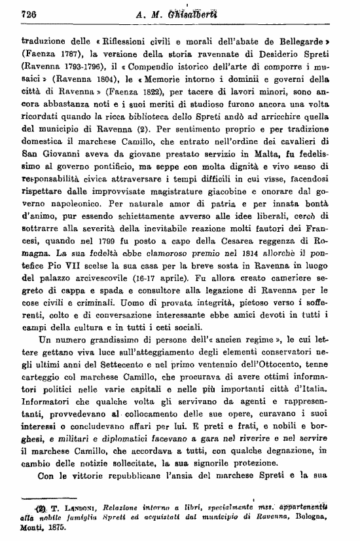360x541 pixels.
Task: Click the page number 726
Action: (28, 14)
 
